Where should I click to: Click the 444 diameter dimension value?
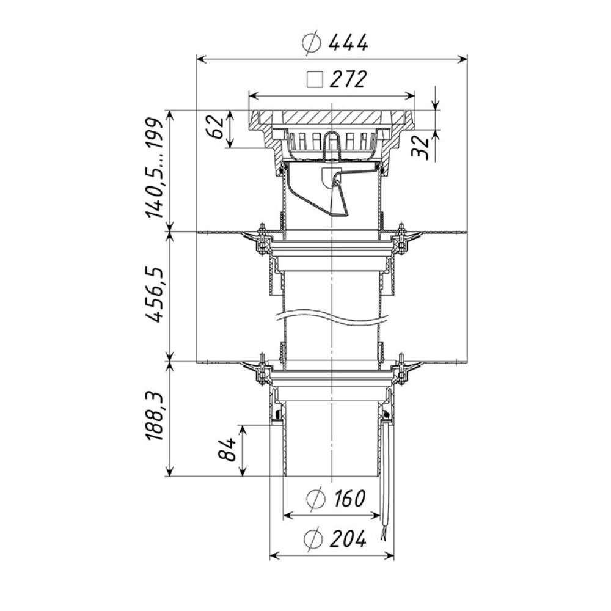pyautogui.click(x=348, y=43)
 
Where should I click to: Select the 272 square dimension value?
pyautogui.click(x=348, y=79)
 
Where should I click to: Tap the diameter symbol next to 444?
pyautogui.click(x=312, y=43)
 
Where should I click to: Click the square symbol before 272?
pyautogui.click(x=315, y=79)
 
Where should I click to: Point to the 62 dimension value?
pyautogui.click(x=216, y=127)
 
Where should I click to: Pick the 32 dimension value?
pyautogui.click(x=421, y=146)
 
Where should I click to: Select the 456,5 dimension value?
pyautogui.click(x=153, y=295)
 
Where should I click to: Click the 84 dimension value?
pyautogui.click(x=227, y=449)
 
